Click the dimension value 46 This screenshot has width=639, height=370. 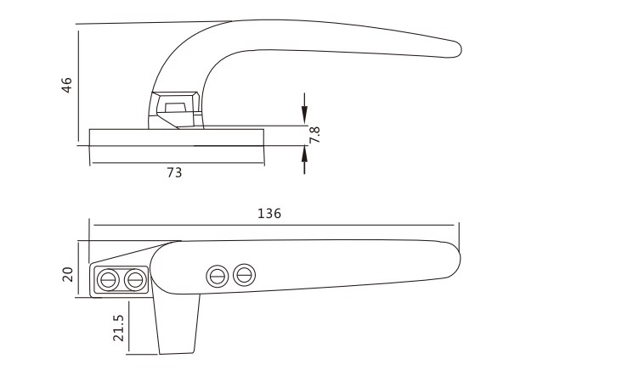[66, 85]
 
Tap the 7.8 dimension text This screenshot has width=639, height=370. [314, 135]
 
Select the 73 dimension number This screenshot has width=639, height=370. [174, 172]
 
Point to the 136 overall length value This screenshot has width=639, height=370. [269, 213]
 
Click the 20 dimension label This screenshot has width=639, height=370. [68, 274]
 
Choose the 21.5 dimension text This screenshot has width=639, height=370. [118, 328]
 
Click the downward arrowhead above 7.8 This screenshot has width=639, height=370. [304, 114]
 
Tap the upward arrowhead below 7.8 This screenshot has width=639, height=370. [304, 154]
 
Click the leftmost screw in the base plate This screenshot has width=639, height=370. [109, 280]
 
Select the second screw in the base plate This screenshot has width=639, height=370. [135, 280]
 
